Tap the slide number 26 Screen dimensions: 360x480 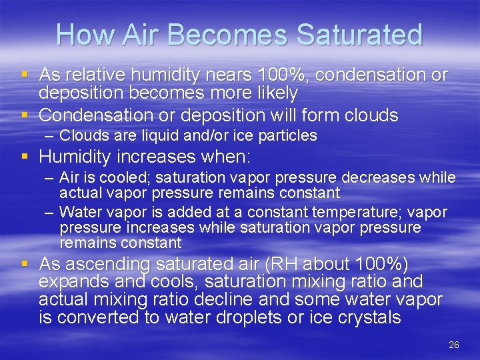454,345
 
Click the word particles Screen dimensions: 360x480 285,136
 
